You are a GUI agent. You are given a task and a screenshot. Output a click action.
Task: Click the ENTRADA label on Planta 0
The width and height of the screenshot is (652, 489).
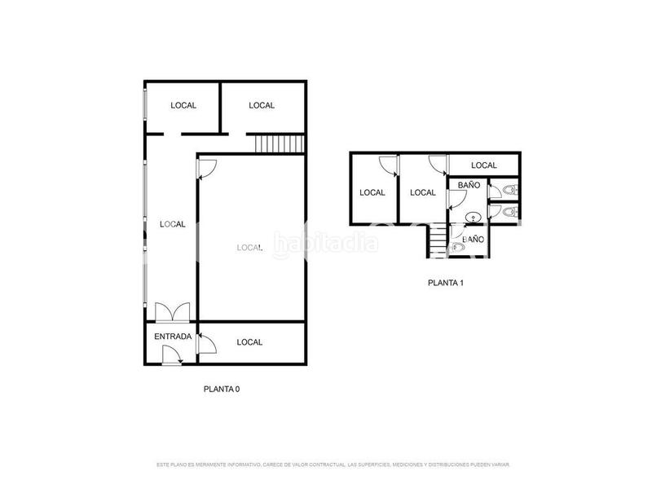[x=173, y=337]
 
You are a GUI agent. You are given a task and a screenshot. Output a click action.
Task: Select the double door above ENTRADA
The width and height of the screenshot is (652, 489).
[x=172, y=313]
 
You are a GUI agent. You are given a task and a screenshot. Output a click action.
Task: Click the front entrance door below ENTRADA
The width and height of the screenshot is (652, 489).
[x=171, y=355]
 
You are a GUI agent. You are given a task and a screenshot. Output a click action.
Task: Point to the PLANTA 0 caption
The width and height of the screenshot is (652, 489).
[x=221, y=390]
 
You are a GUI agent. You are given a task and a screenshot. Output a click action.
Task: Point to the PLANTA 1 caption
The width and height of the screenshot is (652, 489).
[x=446, y=284]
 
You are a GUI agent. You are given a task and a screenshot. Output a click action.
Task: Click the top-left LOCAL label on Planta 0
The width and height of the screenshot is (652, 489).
[x=183, y=105]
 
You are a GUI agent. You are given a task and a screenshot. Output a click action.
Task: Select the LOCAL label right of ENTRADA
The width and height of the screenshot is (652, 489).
[x=250, y=342]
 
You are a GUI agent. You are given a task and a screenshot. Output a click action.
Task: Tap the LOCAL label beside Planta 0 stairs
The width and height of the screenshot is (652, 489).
[x=262, y=105]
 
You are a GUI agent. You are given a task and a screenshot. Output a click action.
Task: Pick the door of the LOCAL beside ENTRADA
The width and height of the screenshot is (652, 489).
[x=205, y=342]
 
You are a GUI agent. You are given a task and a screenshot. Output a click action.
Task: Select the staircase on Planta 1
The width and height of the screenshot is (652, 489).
[x=438, y=240]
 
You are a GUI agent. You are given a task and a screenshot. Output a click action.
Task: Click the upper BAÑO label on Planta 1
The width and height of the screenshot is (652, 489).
[x=469, y=186]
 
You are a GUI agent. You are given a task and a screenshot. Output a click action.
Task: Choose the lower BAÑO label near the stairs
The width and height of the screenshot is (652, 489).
[x=474, y=240]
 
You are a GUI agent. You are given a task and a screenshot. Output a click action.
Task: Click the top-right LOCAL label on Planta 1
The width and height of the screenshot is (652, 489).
[x=484, y=165]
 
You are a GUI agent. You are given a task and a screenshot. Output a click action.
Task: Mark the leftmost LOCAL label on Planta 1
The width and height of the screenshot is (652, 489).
[x=372, y=193]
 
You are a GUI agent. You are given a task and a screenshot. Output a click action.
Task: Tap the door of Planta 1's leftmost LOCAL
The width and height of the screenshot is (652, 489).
[x=390, y=166]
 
